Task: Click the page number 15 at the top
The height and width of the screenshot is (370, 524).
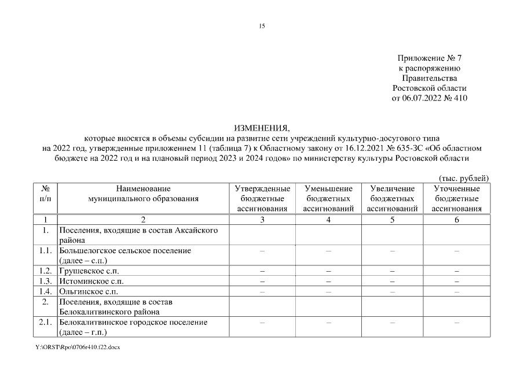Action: pos(262,26)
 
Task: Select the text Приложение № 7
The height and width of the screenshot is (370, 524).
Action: pos(429,58)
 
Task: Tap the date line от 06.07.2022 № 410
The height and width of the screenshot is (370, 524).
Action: pos(429,98)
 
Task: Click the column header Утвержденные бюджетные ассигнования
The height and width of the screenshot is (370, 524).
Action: pos(262,198)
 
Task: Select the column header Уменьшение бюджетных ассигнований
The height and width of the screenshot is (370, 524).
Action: pos(328,198)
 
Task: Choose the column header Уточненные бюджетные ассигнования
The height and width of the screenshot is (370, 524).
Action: pos(457,198)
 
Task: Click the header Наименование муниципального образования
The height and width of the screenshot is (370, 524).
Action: pos(143,194)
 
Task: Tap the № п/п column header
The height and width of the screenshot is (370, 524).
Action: pos(46,194)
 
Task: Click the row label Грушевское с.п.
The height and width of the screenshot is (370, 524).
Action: pos(89,271)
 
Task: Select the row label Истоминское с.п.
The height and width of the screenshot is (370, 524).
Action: pos(91,281)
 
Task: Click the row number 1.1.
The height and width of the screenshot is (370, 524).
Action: pos(46,251)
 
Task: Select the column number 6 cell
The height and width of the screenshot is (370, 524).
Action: pos(457,220)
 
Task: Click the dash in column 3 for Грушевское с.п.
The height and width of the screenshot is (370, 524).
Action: pos(262,271)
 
